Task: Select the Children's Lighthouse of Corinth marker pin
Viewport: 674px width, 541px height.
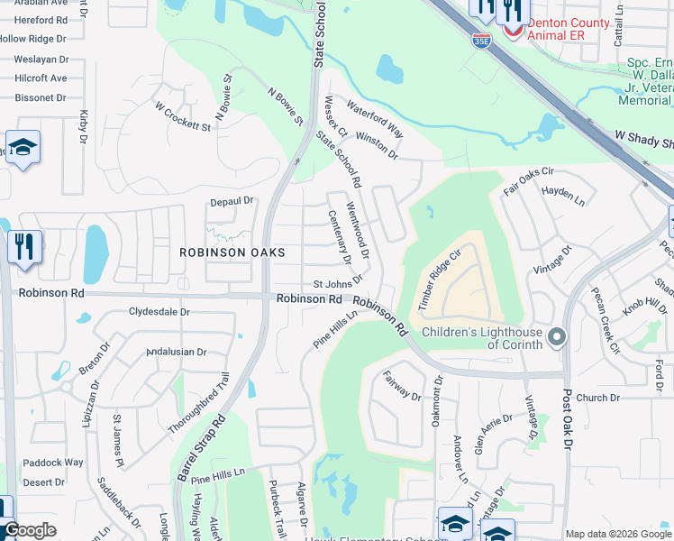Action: pos(557,338)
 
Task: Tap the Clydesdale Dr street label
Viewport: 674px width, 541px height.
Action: pos(159,312)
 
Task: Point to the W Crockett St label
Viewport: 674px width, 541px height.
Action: pos(182,115)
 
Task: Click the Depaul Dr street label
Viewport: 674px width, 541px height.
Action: pos(232,201)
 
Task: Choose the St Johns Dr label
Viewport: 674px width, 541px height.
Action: pos(337,284)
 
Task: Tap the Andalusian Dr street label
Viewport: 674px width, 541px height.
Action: pos(177,353)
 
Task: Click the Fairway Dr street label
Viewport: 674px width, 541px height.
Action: pos(402,385)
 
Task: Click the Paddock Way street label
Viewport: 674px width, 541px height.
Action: pos(53,463)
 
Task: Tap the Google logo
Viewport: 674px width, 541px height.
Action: pos(30,530)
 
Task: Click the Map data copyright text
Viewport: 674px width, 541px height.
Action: pos(617,534)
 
